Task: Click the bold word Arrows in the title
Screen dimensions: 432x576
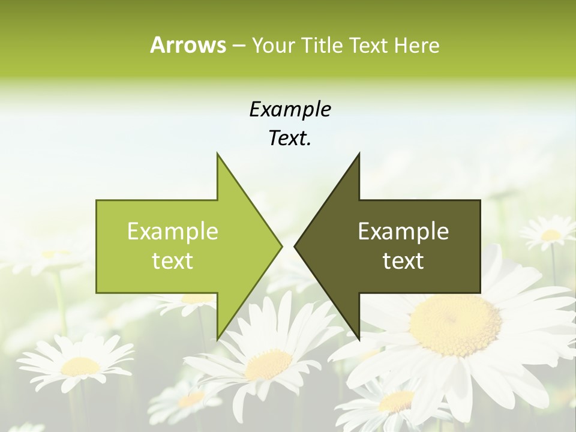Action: click(x=188, y=45)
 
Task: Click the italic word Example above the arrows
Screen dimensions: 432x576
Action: click(x=290, y=110)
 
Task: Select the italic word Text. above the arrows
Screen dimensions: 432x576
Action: click(x=290, y=139)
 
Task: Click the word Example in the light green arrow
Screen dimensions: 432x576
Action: click(x=173, y=232)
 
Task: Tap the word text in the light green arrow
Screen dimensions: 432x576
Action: click(x=173, y=261)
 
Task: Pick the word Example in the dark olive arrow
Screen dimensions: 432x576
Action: click(x=403, y=232)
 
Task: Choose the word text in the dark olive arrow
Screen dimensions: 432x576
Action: click(x=403, y=261)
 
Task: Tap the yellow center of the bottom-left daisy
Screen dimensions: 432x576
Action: click(x=80, y=365)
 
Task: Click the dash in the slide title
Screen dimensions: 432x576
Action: click(x=238, y=46)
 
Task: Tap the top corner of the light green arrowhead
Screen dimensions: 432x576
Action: click(x=218, y=155)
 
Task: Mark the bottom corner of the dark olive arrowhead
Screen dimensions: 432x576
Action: click(x=359, y=337)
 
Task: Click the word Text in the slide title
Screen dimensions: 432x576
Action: click(x=370, y=45)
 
